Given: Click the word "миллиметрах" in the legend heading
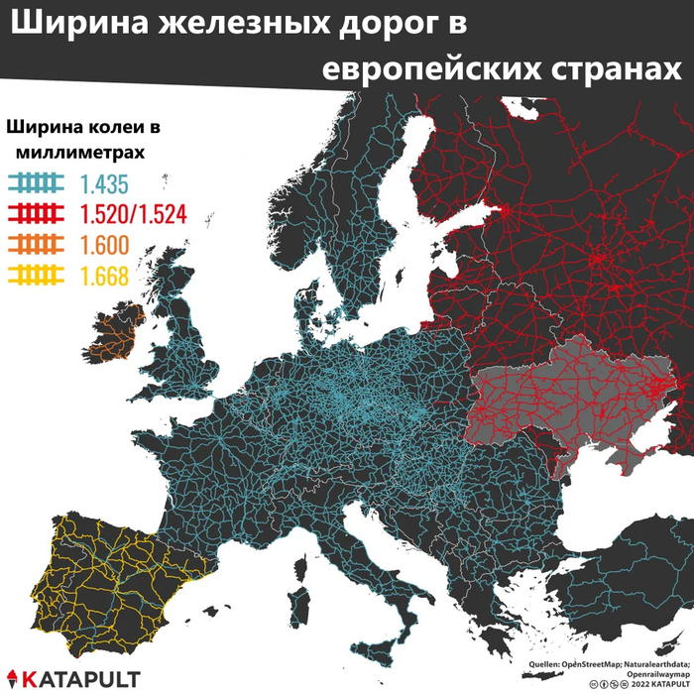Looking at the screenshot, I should [x=78, y=153].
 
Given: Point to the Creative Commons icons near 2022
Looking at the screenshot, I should [x=607, y=683].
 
